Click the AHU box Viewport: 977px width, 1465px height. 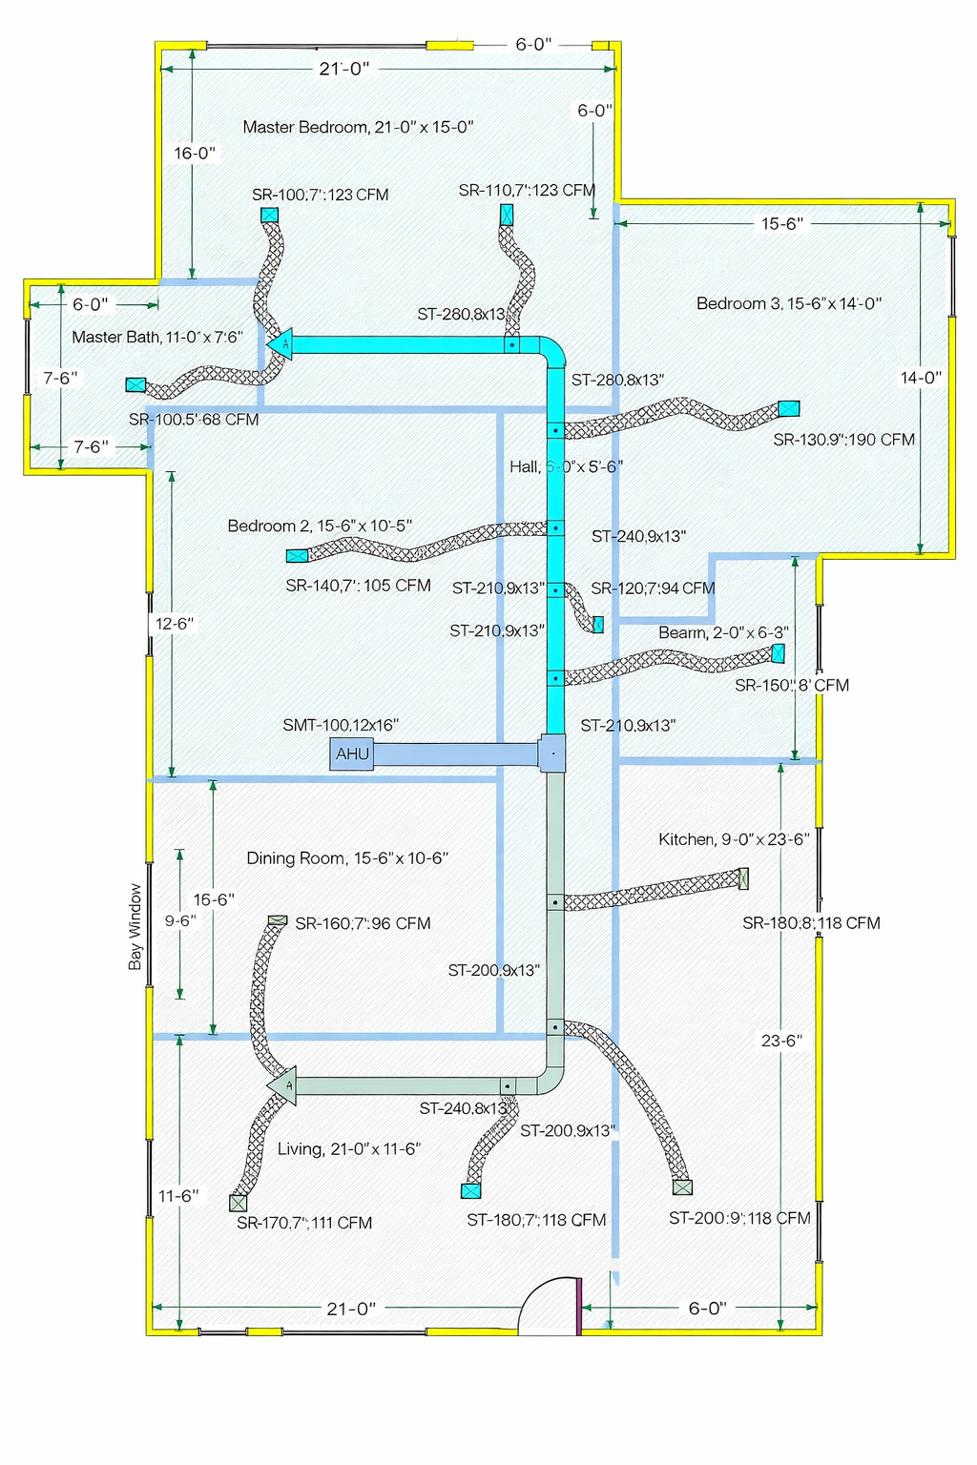tap(352, 753)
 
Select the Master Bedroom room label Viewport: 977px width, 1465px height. tap(358, 127)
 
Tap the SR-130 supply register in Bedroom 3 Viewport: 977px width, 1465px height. tap(788, 408)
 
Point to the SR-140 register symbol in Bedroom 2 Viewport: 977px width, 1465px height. tap(297, 555)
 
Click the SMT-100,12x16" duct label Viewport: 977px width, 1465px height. tap(341, 725)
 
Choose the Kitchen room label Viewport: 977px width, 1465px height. tap(733, 839)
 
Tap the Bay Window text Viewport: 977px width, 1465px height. tap(135, 926)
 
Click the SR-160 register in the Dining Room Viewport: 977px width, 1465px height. tap(277, 920)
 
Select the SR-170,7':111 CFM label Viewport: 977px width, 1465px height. tap(304, 1223)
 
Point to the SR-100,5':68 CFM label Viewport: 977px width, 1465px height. tap(194, 420)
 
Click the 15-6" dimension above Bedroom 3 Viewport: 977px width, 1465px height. tap(781, 223)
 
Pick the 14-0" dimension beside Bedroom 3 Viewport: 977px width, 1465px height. tap(921, 378)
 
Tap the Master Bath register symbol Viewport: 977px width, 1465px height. tap(135, 385)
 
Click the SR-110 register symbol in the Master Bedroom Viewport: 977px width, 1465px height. tap(507, 215)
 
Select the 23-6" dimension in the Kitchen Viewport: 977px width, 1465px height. tap(781, 1041)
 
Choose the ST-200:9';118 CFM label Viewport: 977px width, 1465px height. tap(739, 1218)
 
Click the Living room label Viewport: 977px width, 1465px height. tap(348, 1149)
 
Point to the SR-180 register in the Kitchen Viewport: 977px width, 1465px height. tap(743, 878)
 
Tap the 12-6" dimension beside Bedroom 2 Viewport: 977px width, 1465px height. tap(175, 624)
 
